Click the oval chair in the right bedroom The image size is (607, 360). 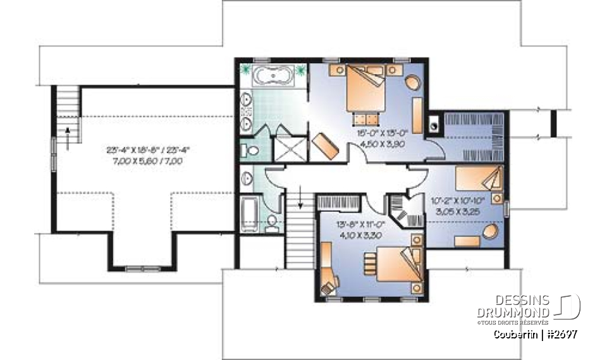[491, 232]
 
